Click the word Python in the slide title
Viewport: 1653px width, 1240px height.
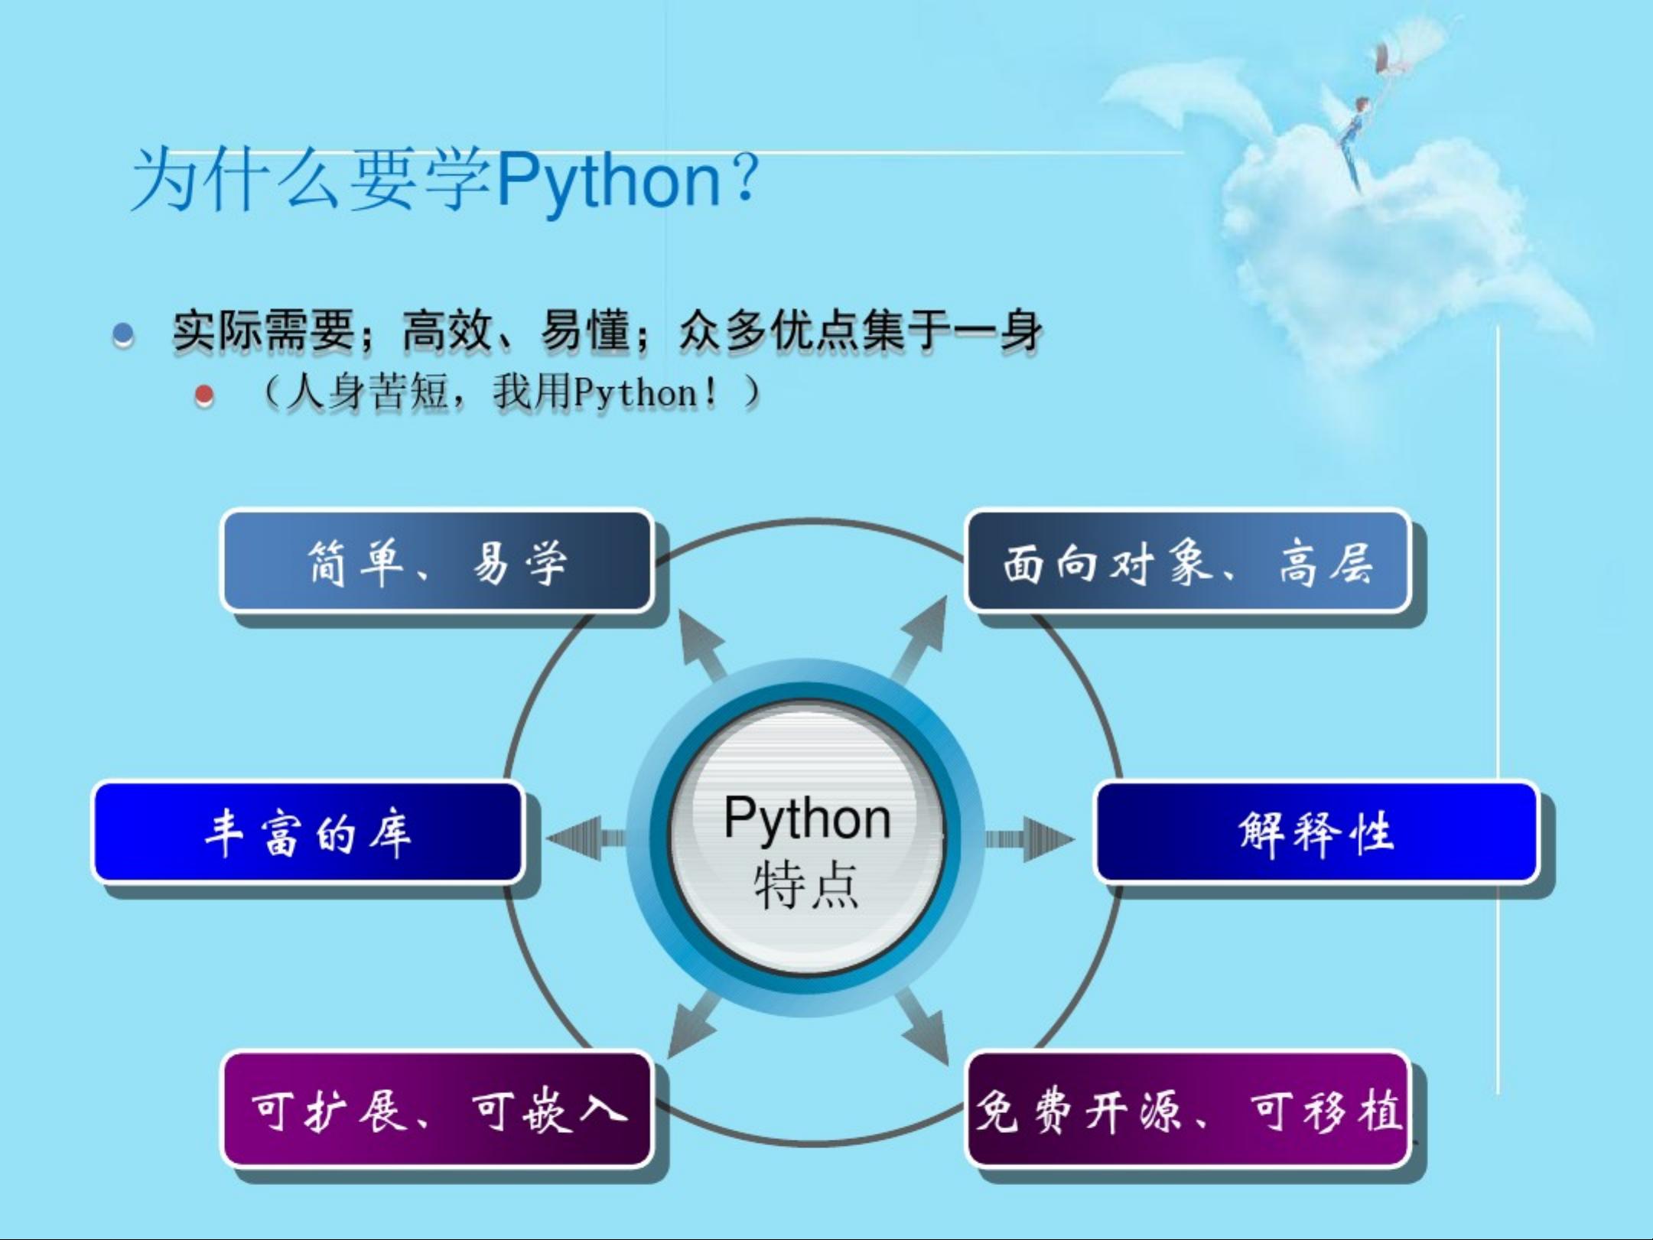point(610,181)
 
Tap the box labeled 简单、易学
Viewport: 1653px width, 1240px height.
point(437,561)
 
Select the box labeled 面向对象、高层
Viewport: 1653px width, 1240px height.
point(1187,561)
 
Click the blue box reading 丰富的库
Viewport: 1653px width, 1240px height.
point(308,832)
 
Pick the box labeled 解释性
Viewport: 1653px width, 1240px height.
point(1316,832)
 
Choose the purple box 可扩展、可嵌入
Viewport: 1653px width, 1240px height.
point(437,1109)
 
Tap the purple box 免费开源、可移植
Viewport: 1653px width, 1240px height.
point(1187,1109)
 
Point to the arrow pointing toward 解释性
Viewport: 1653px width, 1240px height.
point(1029,839)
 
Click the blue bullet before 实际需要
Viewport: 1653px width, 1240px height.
point(123,334)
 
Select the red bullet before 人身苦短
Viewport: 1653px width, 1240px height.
point(204,395)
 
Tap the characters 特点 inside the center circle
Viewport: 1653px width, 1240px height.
point(806,885)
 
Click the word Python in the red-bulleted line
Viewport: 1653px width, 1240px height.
point(636,394)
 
